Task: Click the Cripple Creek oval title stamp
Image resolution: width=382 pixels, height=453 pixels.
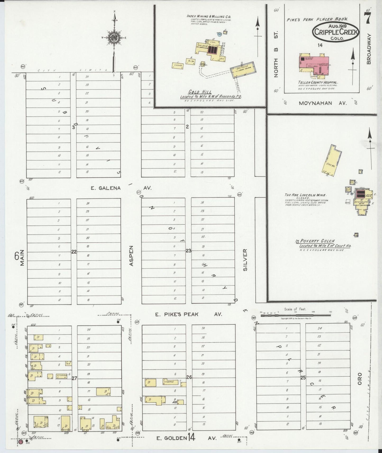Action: coord(336,32)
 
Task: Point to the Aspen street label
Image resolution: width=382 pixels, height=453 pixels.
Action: coord(131,256)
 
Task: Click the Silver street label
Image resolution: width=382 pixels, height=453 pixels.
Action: coord(245,260)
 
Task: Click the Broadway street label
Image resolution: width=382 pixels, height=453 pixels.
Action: coord(369,49)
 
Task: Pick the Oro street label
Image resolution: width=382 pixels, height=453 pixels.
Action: coord(360,378)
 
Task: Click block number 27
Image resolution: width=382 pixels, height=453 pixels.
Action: coord(74,378)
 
